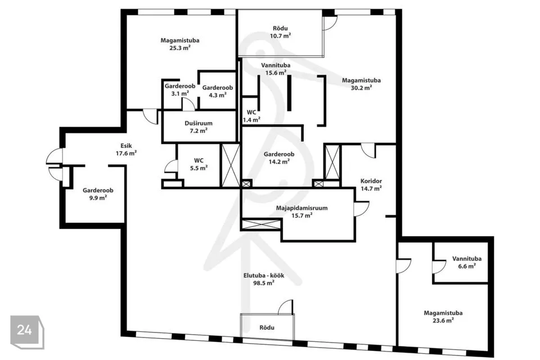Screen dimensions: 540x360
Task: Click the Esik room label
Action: coord(126,146)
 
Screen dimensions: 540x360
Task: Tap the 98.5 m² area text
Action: coord(264,283)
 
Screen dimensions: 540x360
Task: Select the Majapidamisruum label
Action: coord(301,208)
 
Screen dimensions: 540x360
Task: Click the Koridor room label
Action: coord(371,181)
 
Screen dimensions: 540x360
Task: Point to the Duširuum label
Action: coord(199,123)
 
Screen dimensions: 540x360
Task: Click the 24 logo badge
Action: coord(27,332)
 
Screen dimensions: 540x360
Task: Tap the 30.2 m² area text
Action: coord(361,88)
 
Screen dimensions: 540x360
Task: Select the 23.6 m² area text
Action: coord(443,320)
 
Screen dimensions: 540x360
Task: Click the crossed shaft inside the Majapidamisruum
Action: coord(262,224)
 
